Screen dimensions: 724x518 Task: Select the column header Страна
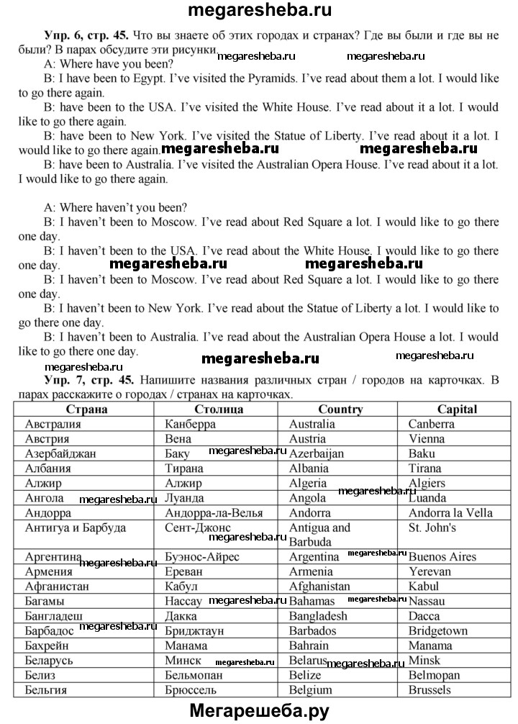(x=86, y=409)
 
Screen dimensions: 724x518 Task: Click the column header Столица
(x=219, y=409)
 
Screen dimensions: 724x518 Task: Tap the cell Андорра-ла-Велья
(x=213, y=512)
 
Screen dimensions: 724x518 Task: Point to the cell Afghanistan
(x=319, y=587)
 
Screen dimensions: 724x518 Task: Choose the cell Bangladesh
(x=318, y=616)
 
